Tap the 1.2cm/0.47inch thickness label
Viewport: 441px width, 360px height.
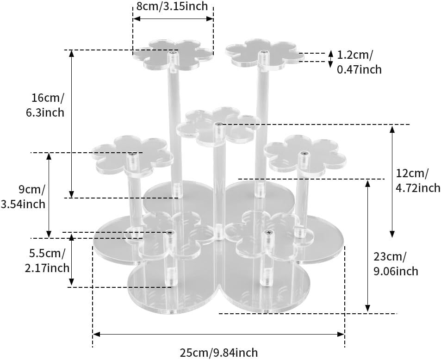tap(359, 62)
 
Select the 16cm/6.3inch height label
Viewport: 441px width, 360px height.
tap(48, 105)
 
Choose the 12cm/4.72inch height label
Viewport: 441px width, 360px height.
tap(418, 180)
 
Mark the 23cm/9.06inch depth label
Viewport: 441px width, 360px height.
tap(396, 263)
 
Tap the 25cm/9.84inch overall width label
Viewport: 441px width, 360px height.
tap(218, 353)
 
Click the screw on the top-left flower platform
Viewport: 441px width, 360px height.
tap(173, 54)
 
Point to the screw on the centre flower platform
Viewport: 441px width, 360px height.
tap(218, 124)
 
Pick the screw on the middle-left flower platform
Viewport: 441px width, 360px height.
tap(133, 154)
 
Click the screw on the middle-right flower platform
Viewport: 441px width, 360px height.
tap(304, 153)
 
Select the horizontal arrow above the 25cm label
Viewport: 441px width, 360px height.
tap(218, 333)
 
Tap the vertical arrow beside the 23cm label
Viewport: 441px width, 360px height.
tap(368, 246)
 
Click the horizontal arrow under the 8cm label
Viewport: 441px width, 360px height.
tap(173, 19)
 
